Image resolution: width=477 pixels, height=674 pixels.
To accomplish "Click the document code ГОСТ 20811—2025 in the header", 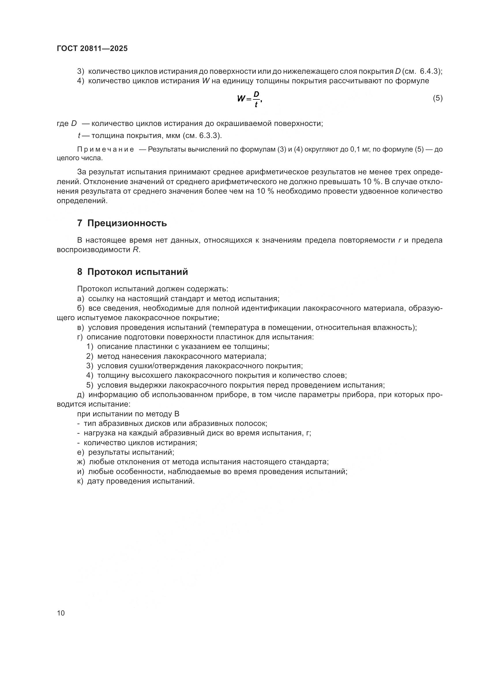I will tap(92, 49).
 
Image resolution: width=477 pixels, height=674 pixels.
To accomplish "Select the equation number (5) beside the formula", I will tap(437, 98).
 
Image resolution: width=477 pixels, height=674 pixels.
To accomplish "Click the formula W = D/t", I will tap(249, 99).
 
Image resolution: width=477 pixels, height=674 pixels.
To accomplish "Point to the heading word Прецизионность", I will tap(127, 223).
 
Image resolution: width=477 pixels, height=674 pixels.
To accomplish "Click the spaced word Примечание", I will tap(106, 150).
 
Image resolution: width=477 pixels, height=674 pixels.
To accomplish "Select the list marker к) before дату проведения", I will tap(80, 481).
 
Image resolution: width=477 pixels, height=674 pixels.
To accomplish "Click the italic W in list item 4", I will tap(205, 81).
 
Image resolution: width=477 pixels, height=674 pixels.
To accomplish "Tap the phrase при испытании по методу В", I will tap(128, 414).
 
